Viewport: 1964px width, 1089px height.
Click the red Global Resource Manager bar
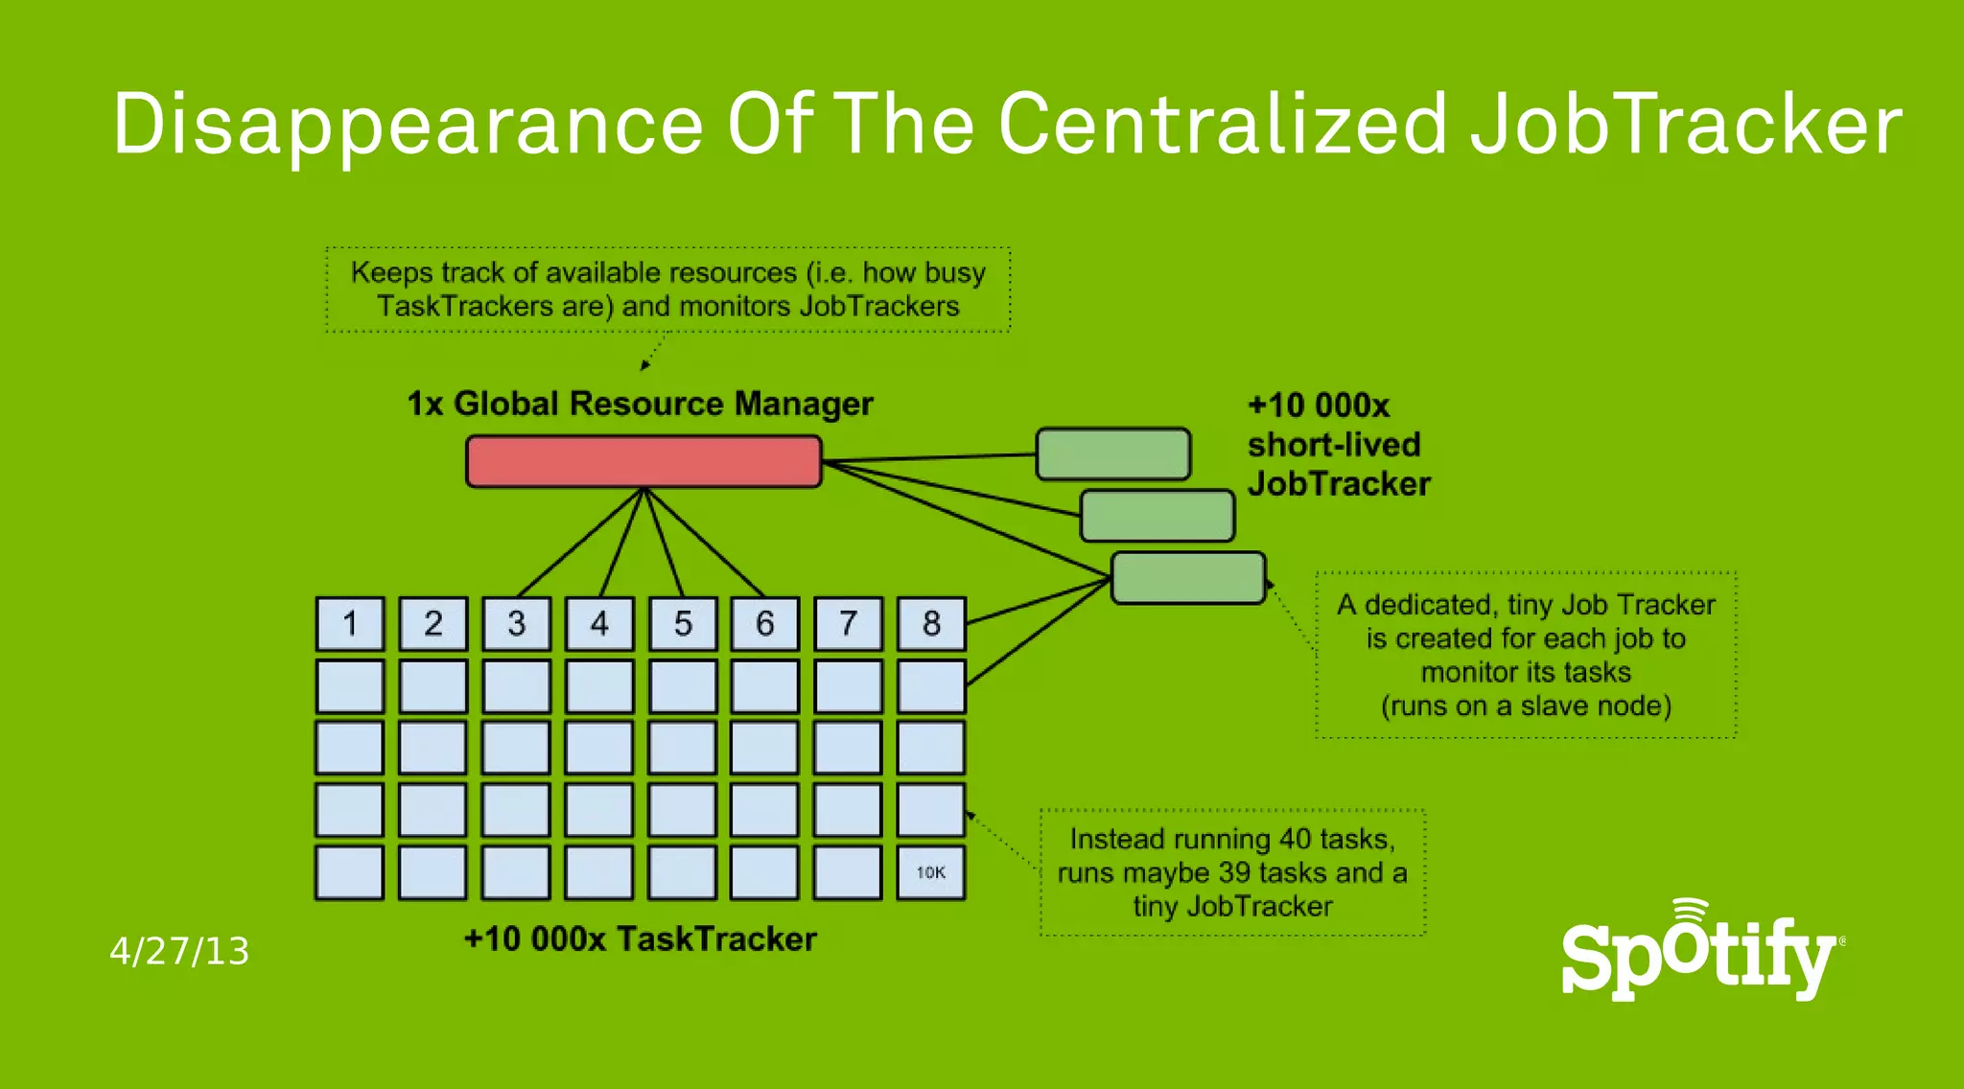pyautogui.click(x=643, y=461)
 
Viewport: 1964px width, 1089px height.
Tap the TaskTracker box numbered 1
pyautogui.click(x=350, y=624)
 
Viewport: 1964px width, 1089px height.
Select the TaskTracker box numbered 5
pyautogui.click(x=682, y=624)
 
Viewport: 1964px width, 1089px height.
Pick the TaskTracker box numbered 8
pyautogui.click(x=931, y=624)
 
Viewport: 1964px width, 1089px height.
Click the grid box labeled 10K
pyautogui.click(x=931, y=872)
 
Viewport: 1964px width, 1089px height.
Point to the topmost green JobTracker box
pyautogui.click(x=1112, y=454)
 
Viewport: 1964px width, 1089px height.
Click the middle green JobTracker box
pyautogui.click(x=1157, y=516)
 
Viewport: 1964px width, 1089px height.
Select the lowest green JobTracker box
pyautogui.click(x=1188, y=578)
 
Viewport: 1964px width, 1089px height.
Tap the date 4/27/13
pyautogui.click(x=179, y=952)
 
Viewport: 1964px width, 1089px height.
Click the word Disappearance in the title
pyautogui.click(x=409, y=125)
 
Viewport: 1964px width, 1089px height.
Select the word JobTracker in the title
pyautogui.click(x=1686, y=125)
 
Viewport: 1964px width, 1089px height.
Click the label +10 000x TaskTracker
pyautogui.click(x=640, y=938)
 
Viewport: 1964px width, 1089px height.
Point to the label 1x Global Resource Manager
pyautogui.click(x=640, y=404)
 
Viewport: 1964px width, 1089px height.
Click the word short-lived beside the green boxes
pyautogui.click(x=1333, y=445)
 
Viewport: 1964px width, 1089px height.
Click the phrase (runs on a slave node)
pyautogui.click(x=1526, y=707)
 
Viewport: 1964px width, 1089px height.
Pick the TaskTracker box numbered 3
pyautogui.click(x=516, y=624)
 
